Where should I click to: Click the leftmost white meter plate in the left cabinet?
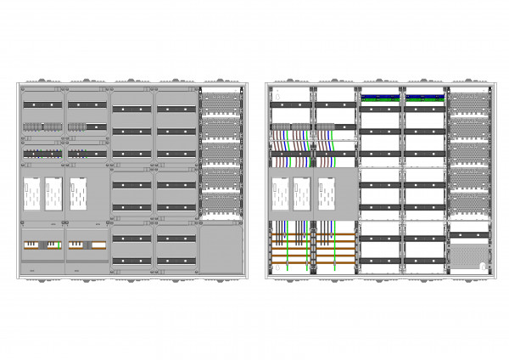point(31,194)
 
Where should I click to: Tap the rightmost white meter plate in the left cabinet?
point(78,194)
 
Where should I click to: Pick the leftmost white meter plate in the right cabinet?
point(280,194)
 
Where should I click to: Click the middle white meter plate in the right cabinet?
point(302,194)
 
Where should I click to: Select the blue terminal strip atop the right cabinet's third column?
point(380,97)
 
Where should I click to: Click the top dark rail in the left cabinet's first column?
point(42,104)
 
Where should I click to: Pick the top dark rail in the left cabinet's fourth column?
point(176,109)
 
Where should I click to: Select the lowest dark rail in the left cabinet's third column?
point(131,255)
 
